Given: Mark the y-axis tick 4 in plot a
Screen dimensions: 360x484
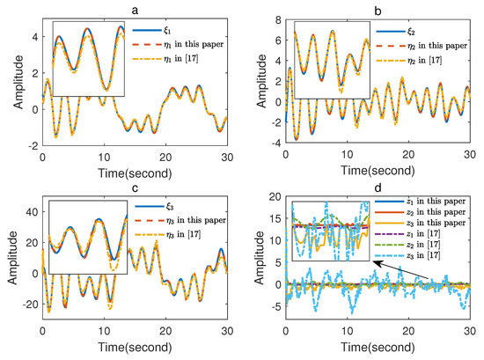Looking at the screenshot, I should (x=33, y=39).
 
